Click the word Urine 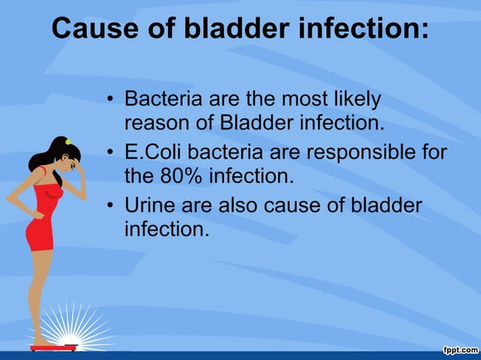tap(149, 205)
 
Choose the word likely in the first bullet tap(352, 99)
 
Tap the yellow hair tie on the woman tap(67, 141)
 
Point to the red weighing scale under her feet tap(54, 347)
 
